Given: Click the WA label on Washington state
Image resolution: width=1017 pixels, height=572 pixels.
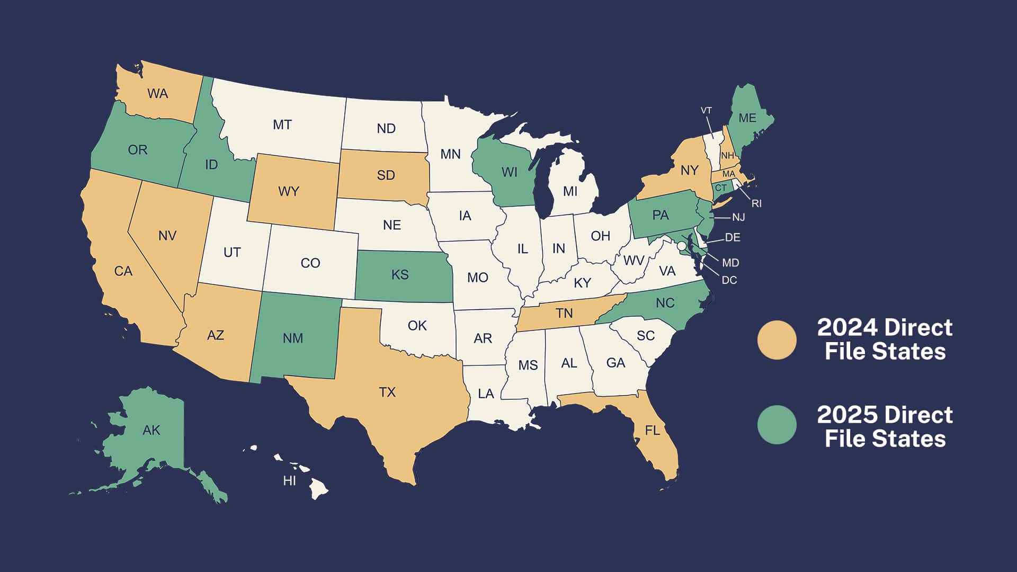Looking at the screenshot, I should [x=158, y=94].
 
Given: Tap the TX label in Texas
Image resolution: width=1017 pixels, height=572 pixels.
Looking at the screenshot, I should [x=387, y=392].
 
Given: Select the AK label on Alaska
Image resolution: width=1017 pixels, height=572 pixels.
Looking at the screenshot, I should [x=151, y=430].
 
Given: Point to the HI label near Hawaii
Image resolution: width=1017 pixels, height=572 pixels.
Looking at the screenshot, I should [x=289, y=481].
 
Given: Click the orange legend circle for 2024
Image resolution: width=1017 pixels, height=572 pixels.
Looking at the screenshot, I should [x=777, y=340].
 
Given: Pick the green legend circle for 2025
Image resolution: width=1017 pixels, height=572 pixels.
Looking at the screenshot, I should [x=777, y=425].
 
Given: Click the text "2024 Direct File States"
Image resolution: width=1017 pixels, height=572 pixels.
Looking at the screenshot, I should [x=885, y=339].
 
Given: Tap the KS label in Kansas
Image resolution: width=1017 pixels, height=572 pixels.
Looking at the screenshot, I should [x=400, y=274].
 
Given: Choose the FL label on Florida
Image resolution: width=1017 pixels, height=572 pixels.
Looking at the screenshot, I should [x=653, y=430].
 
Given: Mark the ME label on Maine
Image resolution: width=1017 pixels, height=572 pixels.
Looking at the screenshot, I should [x=747, y=118].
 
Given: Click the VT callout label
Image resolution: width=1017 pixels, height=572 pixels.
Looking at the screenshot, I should [x=706, y=111].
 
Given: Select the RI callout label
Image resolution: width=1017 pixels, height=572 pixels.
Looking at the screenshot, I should [x=756, y=203].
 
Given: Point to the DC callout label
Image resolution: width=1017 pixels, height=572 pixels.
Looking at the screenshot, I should [x=729, y=280].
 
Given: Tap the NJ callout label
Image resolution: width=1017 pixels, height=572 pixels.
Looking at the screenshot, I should [x=738, y=217].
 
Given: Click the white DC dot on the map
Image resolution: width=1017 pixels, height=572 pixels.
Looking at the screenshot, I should [x=682, y=246].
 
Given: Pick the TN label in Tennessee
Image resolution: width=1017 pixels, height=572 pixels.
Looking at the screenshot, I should [x=564, y=313].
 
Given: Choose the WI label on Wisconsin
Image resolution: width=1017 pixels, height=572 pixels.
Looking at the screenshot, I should [x=510, y=172].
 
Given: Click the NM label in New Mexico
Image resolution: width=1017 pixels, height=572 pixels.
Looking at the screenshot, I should [x=293, y=338].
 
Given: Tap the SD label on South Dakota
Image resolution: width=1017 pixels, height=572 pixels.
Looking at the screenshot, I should [x=386, y=175].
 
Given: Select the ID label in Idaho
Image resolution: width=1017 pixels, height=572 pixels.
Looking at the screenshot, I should [x=211, y=165].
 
